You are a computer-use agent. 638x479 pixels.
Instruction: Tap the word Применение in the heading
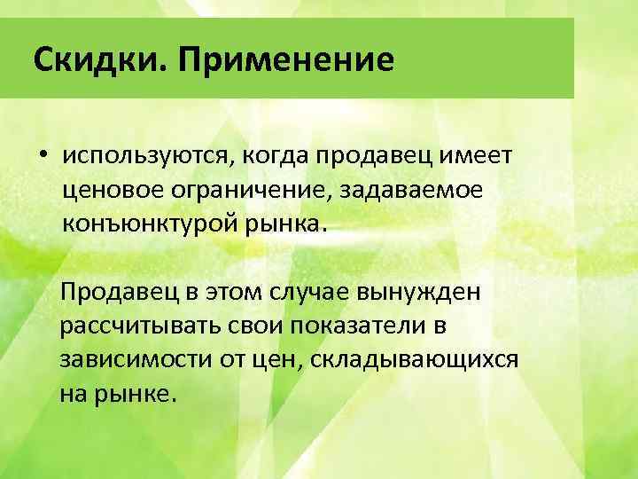(x=285, y=60)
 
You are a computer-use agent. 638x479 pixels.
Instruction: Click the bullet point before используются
(x=42, y=155)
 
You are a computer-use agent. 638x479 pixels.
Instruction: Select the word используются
(x=149, y=156)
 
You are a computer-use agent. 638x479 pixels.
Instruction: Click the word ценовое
(x=113, y=190)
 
